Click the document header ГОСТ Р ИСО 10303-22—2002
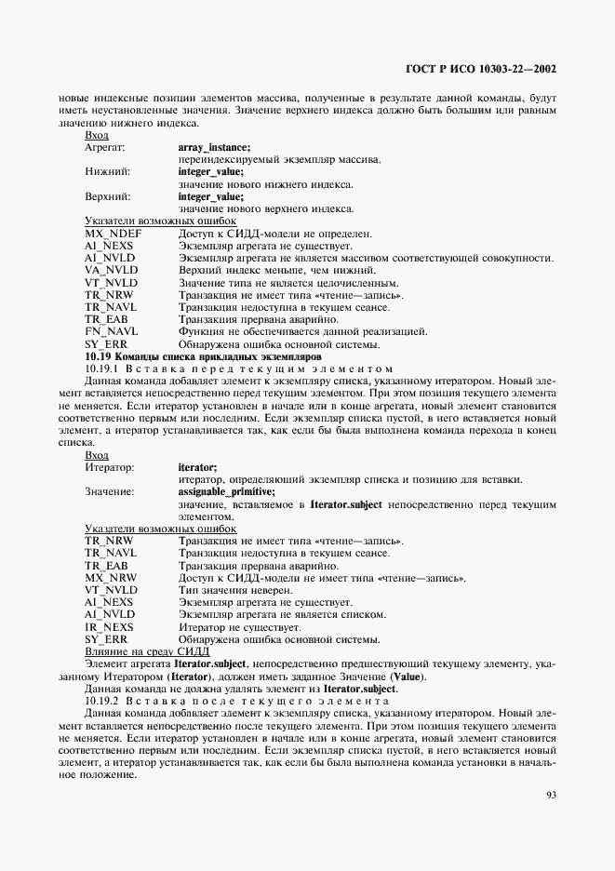click(483, 69)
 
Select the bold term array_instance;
click(214, 147)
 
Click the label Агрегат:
click(105, 147)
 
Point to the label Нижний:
click(107, 172)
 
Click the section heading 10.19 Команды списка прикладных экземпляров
click(203, 355)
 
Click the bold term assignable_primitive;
click(226, 491)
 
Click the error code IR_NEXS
click(110, 627)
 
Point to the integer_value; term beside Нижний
click(210, 172)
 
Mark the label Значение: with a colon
click(109, 491)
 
